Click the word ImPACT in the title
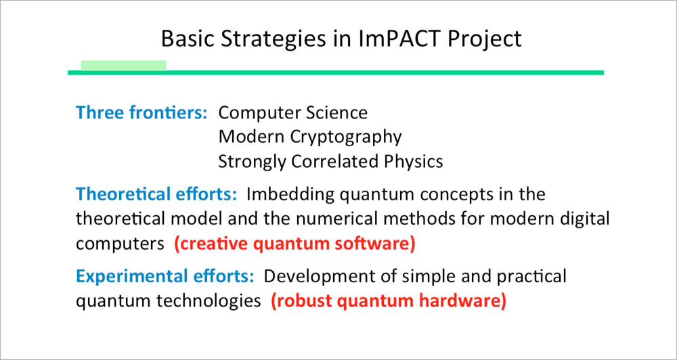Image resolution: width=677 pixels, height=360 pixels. point(401,38)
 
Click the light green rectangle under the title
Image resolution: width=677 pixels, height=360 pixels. point(123,65)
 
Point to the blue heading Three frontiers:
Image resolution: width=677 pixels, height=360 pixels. point(142,112)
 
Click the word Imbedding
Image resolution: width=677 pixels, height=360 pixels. point(290,196)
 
